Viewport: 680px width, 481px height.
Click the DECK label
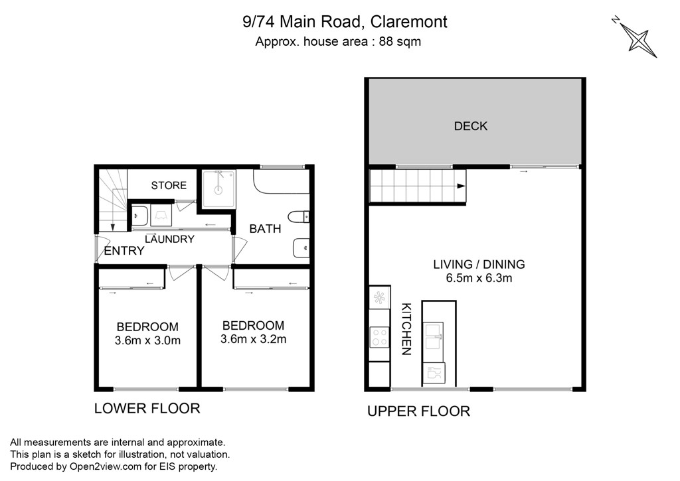(471, 126)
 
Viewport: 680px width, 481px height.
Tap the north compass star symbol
(638, 40)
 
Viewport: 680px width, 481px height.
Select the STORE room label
(169, 186)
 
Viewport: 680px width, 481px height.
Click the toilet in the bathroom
(298, 217)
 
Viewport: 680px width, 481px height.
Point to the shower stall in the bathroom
(218, 189)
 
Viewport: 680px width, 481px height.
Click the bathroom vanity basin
(301, 248)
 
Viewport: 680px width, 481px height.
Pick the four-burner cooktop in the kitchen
(379, 338)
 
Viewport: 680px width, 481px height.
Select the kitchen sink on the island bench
(433, 336)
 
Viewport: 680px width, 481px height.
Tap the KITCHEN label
(406, 329)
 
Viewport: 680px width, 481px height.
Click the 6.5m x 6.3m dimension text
(479, 278)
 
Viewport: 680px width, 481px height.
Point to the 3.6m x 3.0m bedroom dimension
(147, 340)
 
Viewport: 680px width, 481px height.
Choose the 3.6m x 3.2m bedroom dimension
(253, 339)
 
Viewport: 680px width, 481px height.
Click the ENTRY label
(124, 251)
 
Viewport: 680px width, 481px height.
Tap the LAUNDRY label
(169, 240)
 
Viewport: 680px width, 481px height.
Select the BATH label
(265, 229)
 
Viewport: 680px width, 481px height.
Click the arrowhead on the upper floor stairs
(461, 186)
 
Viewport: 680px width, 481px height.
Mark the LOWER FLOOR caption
(147, 408)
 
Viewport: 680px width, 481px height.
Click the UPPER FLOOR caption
(418, 411)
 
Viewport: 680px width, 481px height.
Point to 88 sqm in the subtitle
(400, 42)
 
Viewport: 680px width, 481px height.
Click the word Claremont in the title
(409, 22)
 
